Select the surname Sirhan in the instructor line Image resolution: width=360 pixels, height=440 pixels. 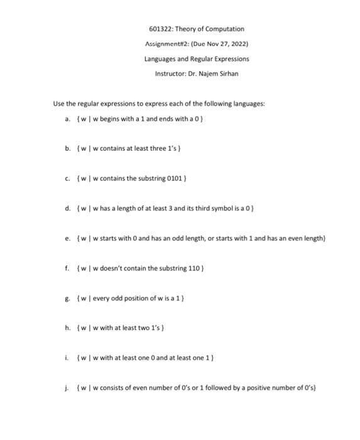coord(228,74)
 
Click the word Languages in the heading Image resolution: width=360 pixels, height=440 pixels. coord(160,58)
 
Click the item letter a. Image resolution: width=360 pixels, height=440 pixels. coord(67,119)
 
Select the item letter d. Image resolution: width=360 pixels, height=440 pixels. coord(67,208)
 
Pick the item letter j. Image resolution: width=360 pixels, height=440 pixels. coord(67,387)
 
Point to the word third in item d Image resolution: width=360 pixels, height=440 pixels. coord(192,208)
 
